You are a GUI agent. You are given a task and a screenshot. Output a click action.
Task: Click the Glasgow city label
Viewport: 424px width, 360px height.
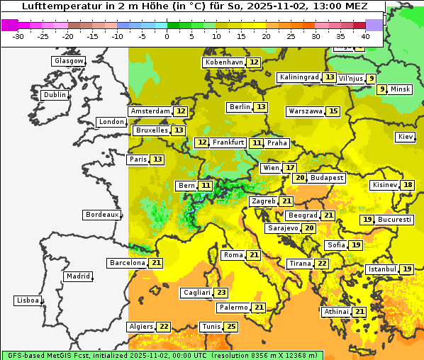pyautogui.click(x=69, y=61)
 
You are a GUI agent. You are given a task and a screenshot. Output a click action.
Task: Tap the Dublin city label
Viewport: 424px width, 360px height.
pyautogui.click(x=55, y=95)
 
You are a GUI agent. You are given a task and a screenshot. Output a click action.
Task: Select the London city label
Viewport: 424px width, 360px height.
pyautogui.click(x=111, y=122)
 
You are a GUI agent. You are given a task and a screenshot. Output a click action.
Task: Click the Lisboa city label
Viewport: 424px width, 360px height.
pyautogui.click(x=27, y=300)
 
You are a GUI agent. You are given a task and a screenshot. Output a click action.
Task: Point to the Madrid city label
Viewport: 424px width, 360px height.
pyautogui.click(x=77, y=276)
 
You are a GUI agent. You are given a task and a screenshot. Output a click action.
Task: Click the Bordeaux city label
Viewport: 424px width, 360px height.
pyautogui.click(x=101, y=215)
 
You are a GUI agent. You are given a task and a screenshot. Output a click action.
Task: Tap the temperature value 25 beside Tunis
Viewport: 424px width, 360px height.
pyautogui.click(x=231, y=327)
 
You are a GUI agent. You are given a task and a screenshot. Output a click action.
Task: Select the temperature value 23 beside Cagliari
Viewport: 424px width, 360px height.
pyautogui.click(x=222, y=293)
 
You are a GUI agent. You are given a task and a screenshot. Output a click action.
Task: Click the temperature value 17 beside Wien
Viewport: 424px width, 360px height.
pyautogui.click(x=290, y=168)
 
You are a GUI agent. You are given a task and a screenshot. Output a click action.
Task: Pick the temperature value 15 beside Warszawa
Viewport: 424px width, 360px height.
pyautogui.click(x=333, y=111)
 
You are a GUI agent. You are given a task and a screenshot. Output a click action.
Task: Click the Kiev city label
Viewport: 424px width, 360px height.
pyautogui.click(x=406, y=137)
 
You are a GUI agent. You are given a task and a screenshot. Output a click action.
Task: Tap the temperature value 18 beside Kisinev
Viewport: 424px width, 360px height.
pyautogui.click(x=408, y=185)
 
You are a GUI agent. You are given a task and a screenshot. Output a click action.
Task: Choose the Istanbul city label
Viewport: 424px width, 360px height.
pyautogui.click(x=381, y=269)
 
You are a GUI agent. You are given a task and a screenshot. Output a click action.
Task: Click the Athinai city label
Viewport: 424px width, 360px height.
pyautogui.click(x=336, y=312)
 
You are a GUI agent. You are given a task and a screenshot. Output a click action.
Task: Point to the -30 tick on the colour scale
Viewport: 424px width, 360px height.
pyautogui.click(x=18, y=35)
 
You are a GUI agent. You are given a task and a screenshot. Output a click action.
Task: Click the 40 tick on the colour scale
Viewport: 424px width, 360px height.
pyautogui.click(x=365, y=35)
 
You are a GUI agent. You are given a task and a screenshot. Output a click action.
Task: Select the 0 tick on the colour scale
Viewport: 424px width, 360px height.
pyautogui.click(x=167, y=35)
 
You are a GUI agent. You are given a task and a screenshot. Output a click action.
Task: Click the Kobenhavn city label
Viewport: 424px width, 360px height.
pyautogui.click(x=224, y=62)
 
